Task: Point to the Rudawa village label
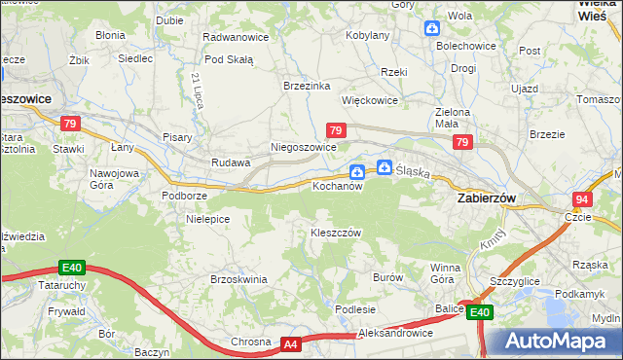[x=232, y=162]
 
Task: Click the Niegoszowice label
[x=303, y=147]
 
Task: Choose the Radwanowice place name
[x=235, y=36]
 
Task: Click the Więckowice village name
[x=369, y=100]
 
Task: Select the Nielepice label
[x=207, y=219]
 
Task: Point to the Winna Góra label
[x=446, y=272]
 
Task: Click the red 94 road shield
[x=581, y=199]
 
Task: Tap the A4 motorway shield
[x=291, y=343]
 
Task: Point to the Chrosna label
[x=250, y=342]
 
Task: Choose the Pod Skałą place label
[x=230, y=58]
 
